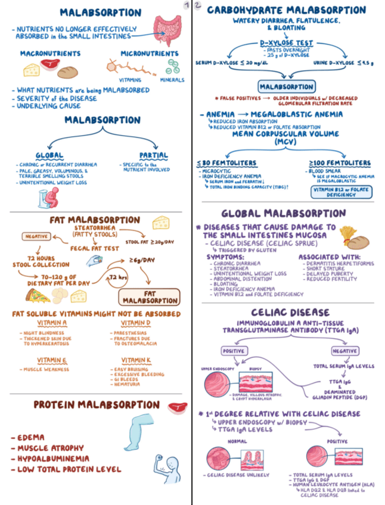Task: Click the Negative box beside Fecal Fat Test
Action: [36, 236]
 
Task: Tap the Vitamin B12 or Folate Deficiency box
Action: [341, 191]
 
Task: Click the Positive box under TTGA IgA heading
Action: [234, 351]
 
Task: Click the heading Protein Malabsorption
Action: [96, 405]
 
